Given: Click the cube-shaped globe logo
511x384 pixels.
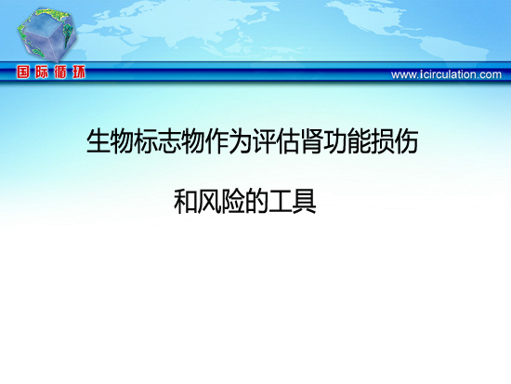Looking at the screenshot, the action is (x=47, y=35).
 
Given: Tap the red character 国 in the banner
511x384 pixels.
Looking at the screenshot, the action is (x=23, y=72).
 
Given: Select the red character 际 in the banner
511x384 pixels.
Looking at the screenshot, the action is (x=42, y=72).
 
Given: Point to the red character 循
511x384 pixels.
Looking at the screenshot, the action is (x=60, y=72).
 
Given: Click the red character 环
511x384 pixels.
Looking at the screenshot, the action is (x=79, y=72).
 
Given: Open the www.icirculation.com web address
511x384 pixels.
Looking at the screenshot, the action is (x=446, y=74).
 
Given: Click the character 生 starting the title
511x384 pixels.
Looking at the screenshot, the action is (x=98, y=141).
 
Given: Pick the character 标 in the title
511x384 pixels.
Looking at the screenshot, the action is (x=146, y=141).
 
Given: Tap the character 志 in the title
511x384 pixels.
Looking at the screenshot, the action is (x=169, y=141).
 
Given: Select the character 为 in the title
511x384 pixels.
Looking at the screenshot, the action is (x=241, y=141).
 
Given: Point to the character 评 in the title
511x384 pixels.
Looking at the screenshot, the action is (x=265, y=141).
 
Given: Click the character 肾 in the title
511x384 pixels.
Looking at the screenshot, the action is (x=312, y=141).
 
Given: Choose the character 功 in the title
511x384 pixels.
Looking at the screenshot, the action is (x=336, y=141).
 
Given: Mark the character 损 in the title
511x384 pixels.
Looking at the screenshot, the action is (x=384, y=141).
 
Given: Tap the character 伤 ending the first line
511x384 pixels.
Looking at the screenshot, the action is (x=407, y=141).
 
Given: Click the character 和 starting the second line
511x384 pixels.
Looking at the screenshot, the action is (x=186, y=202).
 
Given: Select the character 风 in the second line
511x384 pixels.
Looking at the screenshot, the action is (x=209, y=202).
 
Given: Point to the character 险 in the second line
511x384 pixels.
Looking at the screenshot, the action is (x=233, y=202).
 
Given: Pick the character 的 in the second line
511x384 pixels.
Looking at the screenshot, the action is (x=256, y=202).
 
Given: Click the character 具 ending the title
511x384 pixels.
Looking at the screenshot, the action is (x=305, y=202).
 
